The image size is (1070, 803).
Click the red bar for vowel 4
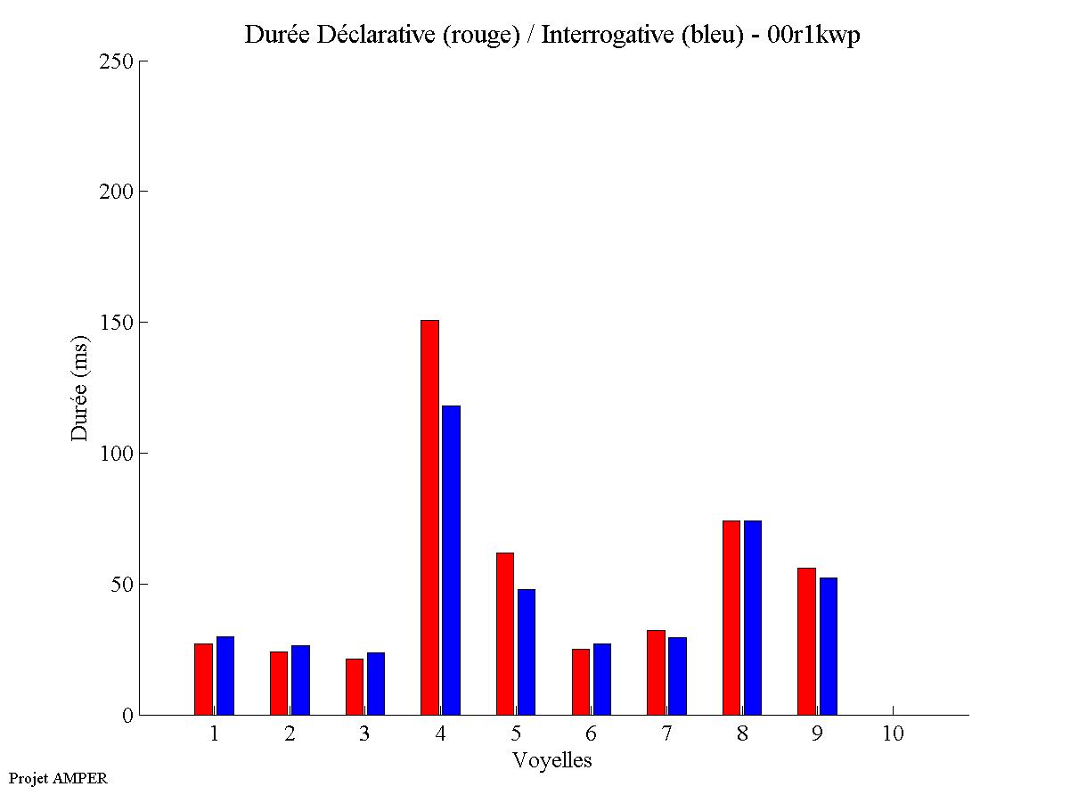[429, 517]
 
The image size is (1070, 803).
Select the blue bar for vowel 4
[451, 560]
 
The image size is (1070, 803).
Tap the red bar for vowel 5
[504, 634]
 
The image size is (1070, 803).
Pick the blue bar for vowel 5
[527, 651]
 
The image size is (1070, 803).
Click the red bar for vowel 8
[731, 618]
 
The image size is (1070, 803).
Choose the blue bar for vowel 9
[829, 646]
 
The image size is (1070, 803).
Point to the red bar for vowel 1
[203, 679]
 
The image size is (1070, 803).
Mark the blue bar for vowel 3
[376, 684]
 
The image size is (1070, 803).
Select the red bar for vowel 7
[656, 672]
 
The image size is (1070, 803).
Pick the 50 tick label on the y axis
[123, 585]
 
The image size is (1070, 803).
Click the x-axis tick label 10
[893, 734]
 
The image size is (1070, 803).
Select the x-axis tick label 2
[290, 734]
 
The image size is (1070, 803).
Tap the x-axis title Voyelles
[552, 760]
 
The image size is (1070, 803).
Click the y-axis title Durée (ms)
[80, 388]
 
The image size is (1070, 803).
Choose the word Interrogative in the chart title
[601, 36]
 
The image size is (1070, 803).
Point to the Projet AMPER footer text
[58, 778]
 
